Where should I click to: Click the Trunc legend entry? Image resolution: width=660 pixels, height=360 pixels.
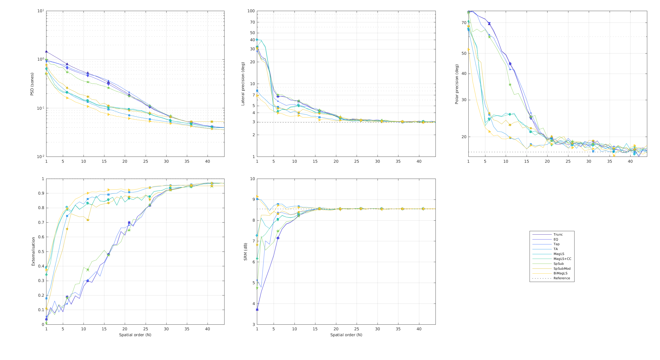tap(558, 235)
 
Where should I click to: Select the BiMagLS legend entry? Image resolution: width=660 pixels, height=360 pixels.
tap(560, 273)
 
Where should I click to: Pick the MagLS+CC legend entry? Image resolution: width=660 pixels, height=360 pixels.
tap(562, 259)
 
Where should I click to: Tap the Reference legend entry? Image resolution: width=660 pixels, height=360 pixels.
tap(562, 278)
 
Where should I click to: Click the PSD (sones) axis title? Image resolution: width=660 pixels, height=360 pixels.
tap(32, 84)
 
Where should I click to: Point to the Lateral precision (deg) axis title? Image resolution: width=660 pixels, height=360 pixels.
tap(243, 84)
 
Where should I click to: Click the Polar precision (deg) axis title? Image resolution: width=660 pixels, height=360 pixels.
tap(457, 84)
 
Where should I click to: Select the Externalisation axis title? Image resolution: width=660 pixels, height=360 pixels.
tap(33, 252)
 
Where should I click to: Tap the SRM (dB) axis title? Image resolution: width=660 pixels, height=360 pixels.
tap(245, 252)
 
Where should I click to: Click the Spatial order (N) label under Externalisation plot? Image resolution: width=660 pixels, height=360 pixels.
tap(135, 335)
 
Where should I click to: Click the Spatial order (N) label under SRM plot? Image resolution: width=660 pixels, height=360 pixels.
tap(346, 335)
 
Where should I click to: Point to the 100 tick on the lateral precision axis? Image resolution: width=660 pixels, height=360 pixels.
tap(251, 11)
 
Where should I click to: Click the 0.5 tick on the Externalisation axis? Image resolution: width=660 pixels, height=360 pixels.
tap(41, 252)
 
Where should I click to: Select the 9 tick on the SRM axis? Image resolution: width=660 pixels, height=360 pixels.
tap(253, 200)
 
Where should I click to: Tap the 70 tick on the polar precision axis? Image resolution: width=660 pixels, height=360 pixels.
tap(464, 23)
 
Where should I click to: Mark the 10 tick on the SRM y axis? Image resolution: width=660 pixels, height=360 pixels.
tap(252, 179)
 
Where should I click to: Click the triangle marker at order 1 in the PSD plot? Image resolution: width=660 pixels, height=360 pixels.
tap(46, 52)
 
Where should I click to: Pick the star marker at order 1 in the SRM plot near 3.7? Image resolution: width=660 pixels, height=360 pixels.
tap(257, 309)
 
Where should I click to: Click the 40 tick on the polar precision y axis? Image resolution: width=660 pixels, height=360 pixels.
tap(464, 74)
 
